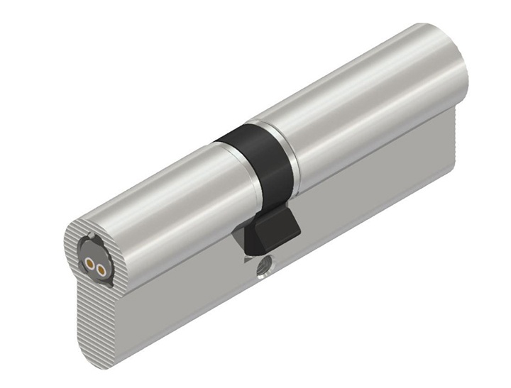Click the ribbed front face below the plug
99,312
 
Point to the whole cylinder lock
270,199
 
